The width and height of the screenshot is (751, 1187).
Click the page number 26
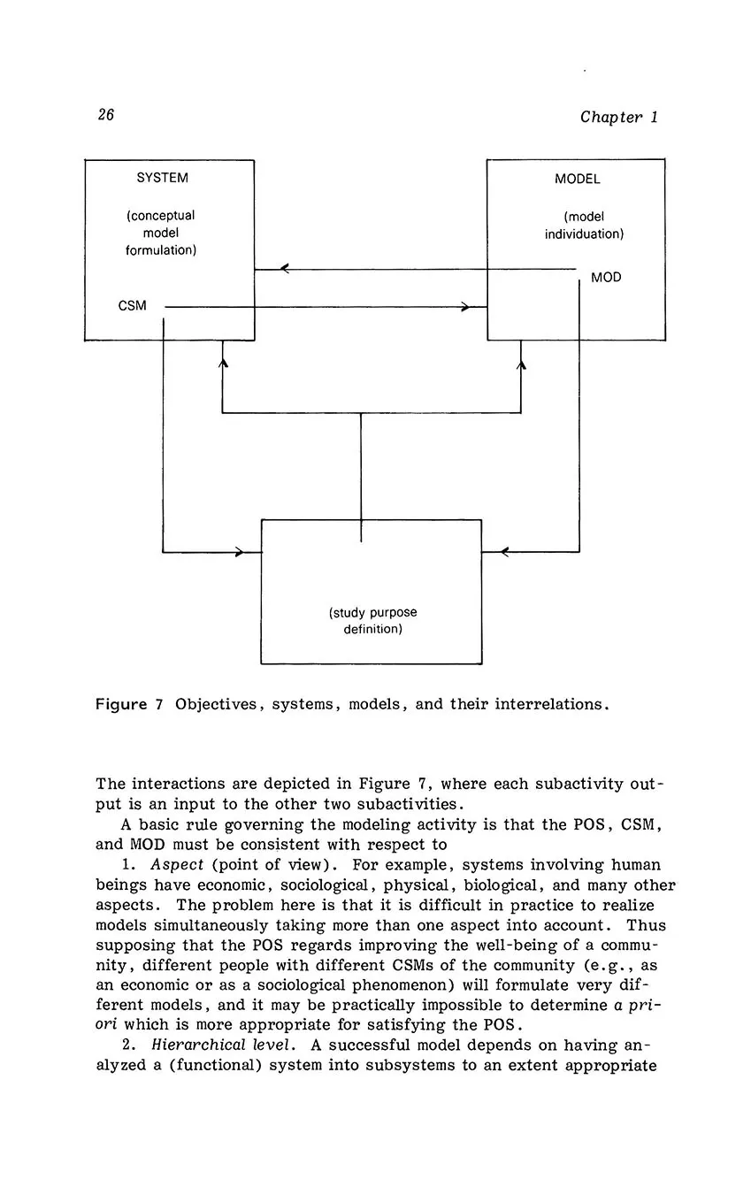(x=105, y=115)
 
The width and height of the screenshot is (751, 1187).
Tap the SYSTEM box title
(x=162, y=178)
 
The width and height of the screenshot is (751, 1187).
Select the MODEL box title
(x=577, y=179)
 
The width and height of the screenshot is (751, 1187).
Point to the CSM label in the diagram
(x=132, y=306)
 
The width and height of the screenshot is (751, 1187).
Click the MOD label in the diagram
(x=606, y=278)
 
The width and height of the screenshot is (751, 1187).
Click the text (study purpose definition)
(x=372, y=621)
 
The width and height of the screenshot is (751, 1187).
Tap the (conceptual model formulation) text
(x=160, y=233)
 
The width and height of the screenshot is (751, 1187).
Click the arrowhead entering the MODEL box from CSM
(x=465, y=307)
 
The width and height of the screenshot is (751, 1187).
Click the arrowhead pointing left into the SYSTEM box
(x=284, y=269)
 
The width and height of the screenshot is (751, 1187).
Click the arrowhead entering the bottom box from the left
(x=240, y=552)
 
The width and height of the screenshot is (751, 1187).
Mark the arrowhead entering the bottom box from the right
(x=504, y=552)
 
